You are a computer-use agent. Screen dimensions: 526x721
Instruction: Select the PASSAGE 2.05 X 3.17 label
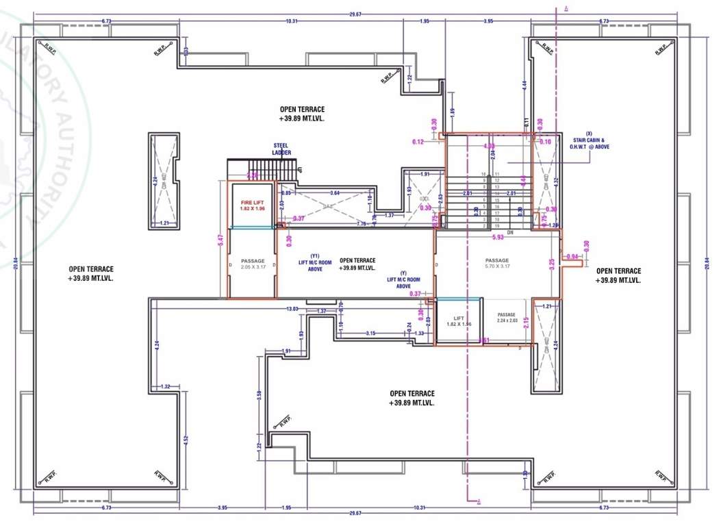[x=251, y=264]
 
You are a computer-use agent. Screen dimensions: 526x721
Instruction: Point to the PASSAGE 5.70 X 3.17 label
[x=497, y=263]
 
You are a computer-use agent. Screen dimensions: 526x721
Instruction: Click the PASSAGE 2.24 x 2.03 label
[x=506, y=317]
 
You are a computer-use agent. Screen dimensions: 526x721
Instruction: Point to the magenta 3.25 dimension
[x=552, y=262]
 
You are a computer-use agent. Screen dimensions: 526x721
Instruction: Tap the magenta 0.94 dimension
[x=572, y=257]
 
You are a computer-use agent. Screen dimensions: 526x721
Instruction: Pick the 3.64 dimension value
[x=335, y=193]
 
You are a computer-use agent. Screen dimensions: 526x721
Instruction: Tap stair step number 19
[x=496, y=225]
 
